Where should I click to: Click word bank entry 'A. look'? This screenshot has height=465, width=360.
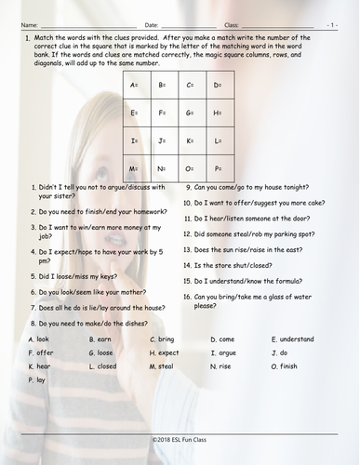(x=40, y=339)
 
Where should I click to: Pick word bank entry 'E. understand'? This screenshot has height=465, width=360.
(x=292, y=339)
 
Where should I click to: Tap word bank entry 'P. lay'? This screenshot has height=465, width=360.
(x=37, y=380)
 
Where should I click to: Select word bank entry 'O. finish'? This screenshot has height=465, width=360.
(x=287, y=366)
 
